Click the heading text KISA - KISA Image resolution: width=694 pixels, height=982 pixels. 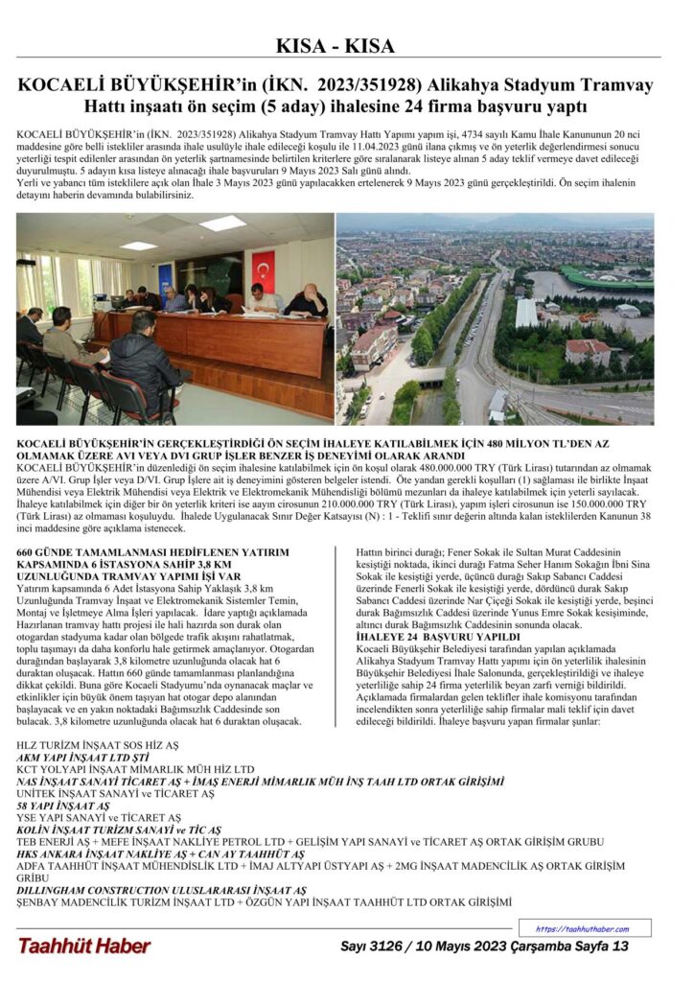[x=346, y=45]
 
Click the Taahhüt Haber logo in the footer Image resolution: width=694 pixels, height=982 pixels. [x=83, y=946]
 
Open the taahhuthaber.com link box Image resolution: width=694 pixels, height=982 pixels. [x=585, y=928]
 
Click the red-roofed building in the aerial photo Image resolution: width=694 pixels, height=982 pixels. [x=588, y=351]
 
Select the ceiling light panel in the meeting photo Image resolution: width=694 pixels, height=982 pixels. [x=222, y=223]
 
